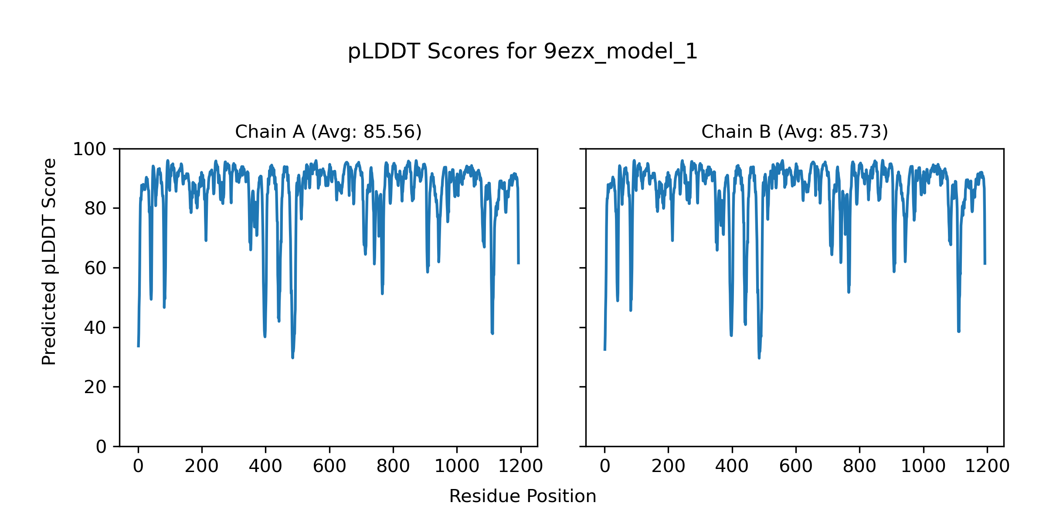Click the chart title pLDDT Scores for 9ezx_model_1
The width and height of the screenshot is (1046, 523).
pos(523,51)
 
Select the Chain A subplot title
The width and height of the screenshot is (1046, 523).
pos(328,132)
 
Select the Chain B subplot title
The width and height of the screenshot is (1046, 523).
pos(795,132)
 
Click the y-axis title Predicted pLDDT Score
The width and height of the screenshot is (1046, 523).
pos(49,261)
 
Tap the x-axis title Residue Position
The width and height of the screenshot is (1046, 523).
pos(523,496)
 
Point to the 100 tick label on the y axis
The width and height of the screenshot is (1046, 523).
pos(89,149)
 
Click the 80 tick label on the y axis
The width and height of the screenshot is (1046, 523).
pos(95,209)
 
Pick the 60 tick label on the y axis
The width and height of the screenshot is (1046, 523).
pos(95,268)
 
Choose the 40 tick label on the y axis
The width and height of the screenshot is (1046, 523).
pos(95,328)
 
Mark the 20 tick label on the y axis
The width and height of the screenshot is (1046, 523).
pos(95,387)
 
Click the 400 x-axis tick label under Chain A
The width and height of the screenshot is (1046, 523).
pos(265,466)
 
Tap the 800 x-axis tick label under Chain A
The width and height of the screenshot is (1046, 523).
pos(393,466)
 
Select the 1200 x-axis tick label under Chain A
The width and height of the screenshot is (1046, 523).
pos(520,466)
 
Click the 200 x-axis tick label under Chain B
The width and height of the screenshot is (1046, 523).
pos(668,466)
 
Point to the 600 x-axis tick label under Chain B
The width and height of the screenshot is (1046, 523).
pos(796,466)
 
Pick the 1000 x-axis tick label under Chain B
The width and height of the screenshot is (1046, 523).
pos(923,466)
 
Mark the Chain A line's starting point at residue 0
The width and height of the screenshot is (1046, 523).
pos(138,346)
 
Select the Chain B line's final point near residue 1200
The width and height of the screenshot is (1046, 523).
pos(985,264)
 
